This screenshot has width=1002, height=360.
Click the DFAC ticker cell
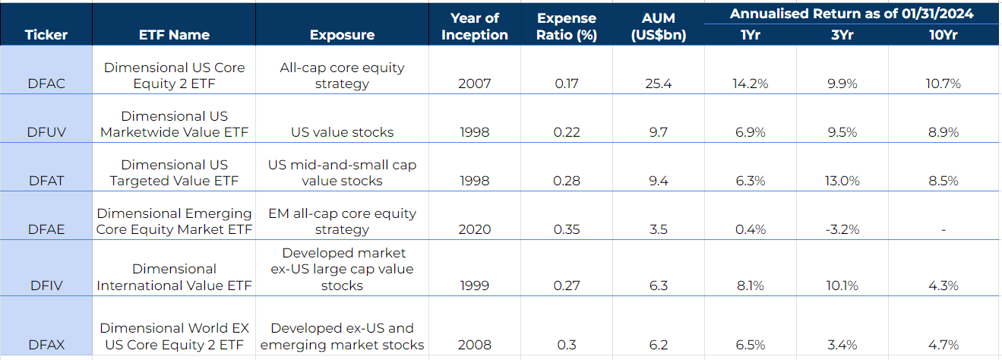pyautogui.click(x=46, y=84)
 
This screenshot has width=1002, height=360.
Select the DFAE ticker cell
pyautogui.click(x=46, y=229)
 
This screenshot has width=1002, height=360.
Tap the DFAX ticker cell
pyautogui.click(x=46, y=345)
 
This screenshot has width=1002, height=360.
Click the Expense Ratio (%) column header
pyautogui.click(x=567, y=27)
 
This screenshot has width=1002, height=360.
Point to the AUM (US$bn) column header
pyautogui.click(x=658, y=27)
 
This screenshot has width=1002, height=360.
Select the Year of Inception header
pyautogui.click(x=475, y=27)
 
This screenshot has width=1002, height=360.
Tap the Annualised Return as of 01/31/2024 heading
pyautogui.click(x=852, y=14)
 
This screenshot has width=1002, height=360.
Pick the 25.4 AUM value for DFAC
pyautogui.click(x=658, y=84)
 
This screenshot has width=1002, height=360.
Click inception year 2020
pyautogui.click(x=475, y=229)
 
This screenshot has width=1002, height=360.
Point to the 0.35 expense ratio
pyautogui.click(x=567, y=229)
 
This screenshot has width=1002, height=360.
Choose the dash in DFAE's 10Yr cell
pyautogui.click(x=943, y=229)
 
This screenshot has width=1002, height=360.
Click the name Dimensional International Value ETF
pyautogui.click(x=174, y=277)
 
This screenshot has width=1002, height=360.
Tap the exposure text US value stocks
pyautogui.click(x=342, y=132)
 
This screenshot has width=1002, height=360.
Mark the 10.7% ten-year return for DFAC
pyautogui.click(x=943, y=84)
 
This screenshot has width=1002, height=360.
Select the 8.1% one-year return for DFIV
pyautogui.click(x=750, y=286)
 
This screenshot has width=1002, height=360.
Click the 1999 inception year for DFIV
pyautogui.click(x=475, y=286)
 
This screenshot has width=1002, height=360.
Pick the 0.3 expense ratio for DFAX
pyautogui.click(x=567, y=345)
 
